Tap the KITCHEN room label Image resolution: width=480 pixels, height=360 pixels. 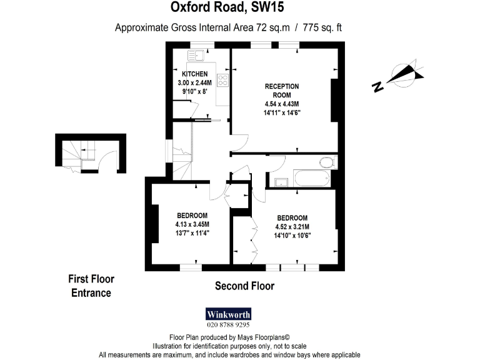point(194,74)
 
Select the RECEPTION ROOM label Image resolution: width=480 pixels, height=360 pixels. point(282,90)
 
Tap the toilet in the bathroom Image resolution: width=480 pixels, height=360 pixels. point(326,163)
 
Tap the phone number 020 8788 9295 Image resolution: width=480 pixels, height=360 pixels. point(228,325)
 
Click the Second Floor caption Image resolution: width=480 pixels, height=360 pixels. point(244,286)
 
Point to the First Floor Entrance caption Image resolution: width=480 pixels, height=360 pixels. point(91,286)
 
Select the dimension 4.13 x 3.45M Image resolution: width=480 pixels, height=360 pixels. point(192,224)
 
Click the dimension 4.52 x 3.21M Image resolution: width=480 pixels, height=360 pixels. point(292,227)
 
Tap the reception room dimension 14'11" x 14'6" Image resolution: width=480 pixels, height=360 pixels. point(282,112)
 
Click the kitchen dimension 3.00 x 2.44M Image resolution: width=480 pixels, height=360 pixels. point(194,82)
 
